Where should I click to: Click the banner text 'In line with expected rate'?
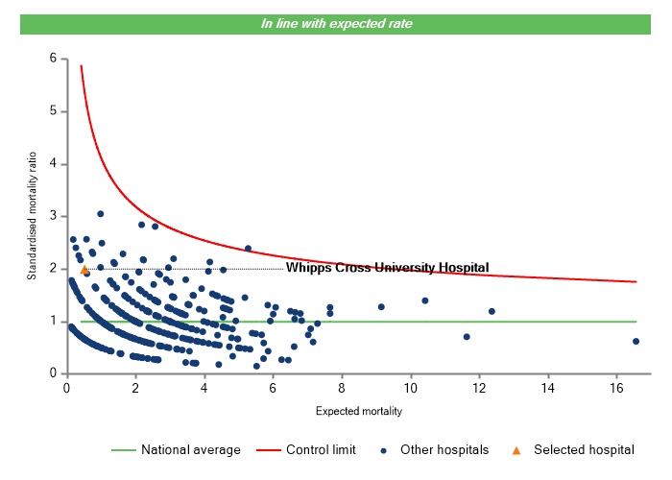tap(337, 23)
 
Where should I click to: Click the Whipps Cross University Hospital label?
tap(387, 268)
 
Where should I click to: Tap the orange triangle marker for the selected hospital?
tap(84, 270)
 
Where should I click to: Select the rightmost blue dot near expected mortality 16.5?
tap(636, 341)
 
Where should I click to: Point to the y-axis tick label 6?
tap(52, 59)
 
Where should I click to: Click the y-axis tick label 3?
tap(52, 217)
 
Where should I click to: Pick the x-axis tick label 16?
tap(617, 389)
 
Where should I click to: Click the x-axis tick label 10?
tap(410, 389)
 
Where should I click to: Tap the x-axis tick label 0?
tap(66, 389)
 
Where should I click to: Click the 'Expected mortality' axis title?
tap(358, 412)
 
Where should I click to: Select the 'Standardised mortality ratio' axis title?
tap(32, 215)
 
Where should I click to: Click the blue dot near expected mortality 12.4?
tap(492, 311)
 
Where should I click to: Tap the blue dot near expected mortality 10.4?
tap(425, 300)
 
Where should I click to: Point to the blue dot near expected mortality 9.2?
tap(381, 307)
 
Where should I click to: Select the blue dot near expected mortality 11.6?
tap(467, 337)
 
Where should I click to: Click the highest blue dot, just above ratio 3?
tap(100, 213)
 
